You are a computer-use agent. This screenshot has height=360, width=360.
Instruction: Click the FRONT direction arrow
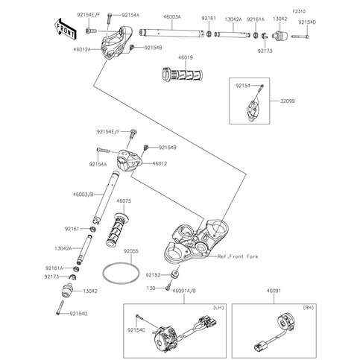66,28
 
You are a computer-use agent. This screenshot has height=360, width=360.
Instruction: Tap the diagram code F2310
299,11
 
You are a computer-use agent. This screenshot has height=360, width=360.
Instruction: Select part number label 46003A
172,17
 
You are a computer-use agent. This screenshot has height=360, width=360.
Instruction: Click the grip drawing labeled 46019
182,74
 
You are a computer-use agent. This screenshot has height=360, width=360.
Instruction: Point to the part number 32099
288,101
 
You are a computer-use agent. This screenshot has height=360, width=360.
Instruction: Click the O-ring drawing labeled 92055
121,274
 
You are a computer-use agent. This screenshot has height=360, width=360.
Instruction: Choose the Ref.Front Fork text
238,256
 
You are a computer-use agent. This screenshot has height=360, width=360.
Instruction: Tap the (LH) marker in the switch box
218,308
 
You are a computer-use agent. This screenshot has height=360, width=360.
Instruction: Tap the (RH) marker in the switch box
309,308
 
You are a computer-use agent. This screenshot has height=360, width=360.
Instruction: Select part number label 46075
124,201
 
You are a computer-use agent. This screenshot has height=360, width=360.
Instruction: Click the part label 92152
153,275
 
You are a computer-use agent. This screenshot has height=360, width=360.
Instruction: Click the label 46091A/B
184,291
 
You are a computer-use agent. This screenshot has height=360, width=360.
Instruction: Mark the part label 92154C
136,330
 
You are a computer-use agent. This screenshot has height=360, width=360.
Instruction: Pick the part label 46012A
82,49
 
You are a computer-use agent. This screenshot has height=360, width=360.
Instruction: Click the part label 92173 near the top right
265,51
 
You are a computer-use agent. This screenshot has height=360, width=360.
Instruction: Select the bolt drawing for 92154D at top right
300,37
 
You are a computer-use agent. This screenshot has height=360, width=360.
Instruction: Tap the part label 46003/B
83,195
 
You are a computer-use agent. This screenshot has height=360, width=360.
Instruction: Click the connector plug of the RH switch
261,346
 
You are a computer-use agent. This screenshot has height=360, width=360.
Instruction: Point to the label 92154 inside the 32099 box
243,86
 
